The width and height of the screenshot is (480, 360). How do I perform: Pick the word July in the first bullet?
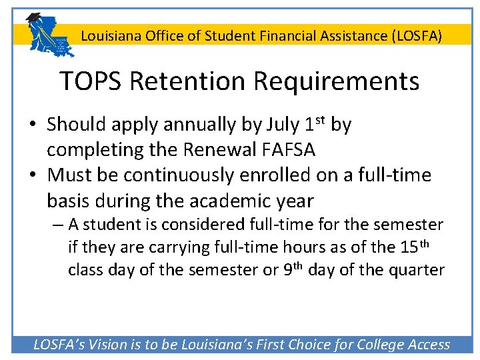tap(283, 125)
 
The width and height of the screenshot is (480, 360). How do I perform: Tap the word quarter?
tap(417, 270)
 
